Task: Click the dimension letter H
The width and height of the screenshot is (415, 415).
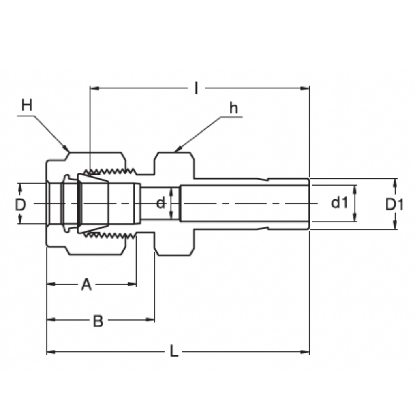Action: point(27,105)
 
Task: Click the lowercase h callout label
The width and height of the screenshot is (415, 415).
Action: point(234,108)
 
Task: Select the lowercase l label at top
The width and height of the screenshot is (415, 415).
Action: point(196,88)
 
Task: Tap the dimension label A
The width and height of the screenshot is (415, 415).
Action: point(86,285)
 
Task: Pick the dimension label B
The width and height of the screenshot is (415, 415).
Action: point(98,321)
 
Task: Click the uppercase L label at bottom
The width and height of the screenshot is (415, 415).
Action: point(174,351)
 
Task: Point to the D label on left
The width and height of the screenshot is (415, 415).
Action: point(20,204)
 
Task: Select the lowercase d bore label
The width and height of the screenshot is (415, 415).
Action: point(160,203)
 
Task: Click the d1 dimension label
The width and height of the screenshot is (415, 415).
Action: point(339,203)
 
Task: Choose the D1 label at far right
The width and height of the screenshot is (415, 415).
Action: point(394,204)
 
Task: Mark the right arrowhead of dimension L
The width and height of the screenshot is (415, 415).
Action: point(306,352)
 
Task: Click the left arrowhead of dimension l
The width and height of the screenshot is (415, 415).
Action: point(94,88)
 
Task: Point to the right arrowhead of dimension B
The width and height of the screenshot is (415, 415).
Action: point(150,320)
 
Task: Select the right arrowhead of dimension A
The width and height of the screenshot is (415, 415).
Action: point(132,284)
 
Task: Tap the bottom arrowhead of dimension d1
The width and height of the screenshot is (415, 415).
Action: point(355,217)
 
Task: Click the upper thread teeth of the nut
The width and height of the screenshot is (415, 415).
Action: point(109,171)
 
